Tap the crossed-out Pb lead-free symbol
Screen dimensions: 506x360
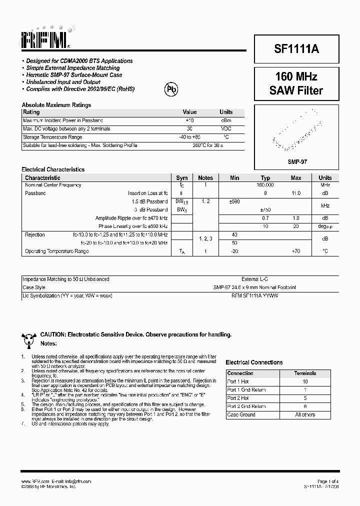click(171, 89)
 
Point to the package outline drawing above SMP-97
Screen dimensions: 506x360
click(296, 134)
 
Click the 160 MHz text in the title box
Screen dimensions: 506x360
click(296, 77)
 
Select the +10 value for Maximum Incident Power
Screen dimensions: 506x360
click(189, 120)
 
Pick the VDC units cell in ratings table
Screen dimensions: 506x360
click(226, 128)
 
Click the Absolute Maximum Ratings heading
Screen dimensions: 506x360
click(56, 105)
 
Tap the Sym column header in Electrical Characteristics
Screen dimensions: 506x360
click(182, 177)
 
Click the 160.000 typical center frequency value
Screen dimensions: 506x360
click(265, 185)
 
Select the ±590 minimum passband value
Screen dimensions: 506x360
click(234, 201)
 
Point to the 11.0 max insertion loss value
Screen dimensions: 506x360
click(296, 193)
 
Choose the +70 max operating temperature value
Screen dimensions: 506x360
click(296, 251)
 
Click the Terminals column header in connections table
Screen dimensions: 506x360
click(305, 373)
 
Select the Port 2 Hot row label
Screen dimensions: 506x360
click(238, 398)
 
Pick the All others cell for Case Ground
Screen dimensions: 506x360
click(305, 414)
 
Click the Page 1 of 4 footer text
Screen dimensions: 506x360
click(327, 481)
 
